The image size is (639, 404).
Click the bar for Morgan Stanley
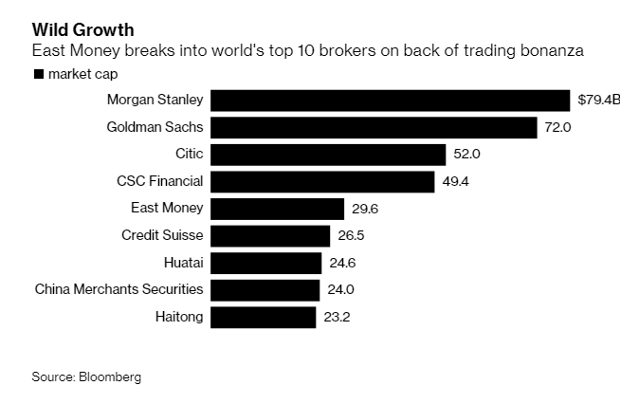click(391, 101)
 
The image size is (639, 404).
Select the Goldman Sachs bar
click(374, 127)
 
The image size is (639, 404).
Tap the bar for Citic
click(327, 155)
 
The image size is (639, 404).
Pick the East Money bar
click(277, 209)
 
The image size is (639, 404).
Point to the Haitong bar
click(263, 317)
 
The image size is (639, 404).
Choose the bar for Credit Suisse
click(270, 235)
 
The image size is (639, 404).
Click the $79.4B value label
click(600, 101)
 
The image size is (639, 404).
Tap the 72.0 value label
click(557, 127)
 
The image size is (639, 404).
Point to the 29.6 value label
click(365, 209)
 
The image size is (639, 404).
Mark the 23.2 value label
click(337, 317)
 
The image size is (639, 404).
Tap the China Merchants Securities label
click(119, 288)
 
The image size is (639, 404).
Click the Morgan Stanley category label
click(155, 99)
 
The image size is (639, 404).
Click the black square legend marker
click(38, 74)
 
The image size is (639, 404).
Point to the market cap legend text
click(82, 74)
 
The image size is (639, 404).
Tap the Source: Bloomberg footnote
click(86, 376)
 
